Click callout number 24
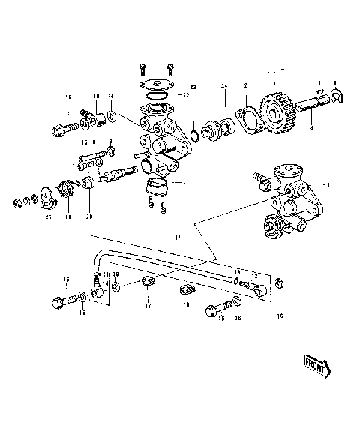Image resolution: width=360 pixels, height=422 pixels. (223, 88)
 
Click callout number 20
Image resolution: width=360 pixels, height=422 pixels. (89, 217)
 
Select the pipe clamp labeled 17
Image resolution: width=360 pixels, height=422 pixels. (147, 283)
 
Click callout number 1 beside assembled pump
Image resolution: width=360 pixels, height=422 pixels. (324, 183)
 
